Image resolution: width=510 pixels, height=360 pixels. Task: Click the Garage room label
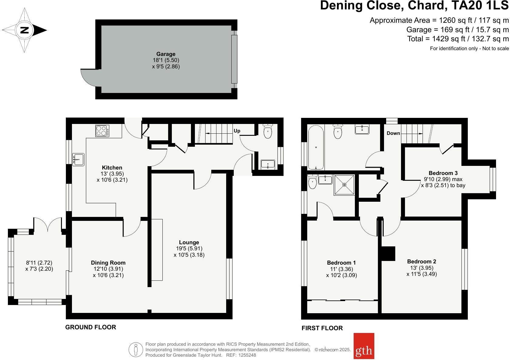pos(166,54)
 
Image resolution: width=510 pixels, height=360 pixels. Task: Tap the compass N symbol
pos(24,30)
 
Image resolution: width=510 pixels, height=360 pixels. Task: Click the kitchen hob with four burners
pos(103,131)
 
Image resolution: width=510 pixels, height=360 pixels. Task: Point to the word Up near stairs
pos(237,131)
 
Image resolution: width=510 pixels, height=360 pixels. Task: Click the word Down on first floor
pos(393,133)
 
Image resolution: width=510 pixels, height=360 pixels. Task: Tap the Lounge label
pos(189,242)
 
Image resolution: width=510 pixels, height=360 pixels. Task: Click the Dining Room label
pos(108,262)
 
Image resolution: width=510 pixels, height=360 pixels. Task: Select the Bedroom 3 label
pos(443,173)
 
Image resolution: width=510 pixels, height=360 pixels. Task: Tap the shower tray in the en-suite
pos(344,185)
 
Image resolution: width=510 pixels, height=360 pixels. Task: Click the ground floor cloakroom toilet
pos(267,131)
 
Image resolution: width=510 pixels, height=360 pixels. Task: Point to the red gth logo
pos(364,350)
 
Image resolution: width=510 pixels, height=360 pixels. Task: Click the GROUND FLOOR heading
pos(90,327)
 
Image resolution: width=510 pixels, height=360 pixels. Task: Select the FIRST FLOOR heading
pos(322,328)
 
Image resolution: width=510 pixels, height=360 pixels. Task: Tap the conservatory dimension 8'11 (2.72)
pos(39,262)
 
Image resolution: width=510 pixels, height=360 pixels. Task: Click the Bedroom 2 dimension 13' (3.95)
pos(422,268)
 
